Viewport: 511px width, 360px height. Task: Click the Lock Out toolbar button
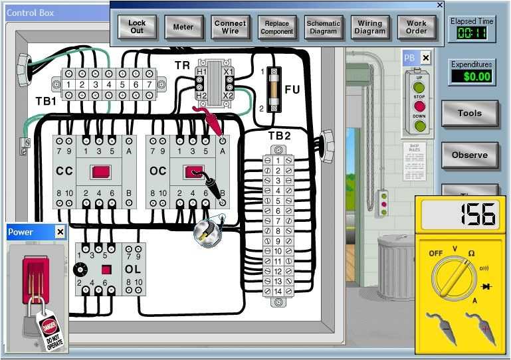(x=137, y=27)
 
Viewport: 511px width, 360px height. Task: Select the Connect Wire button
(x=230, y=27)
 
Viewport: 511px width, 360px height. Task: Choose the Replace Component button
(x=276, y=27)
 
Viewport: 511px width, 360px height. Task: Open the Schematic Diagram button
(x=323, y=27)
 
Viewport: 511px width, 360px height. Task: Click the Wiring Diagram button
(x=369, y=27)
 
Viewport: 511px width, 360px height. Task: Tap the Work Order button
(x=417, y=27)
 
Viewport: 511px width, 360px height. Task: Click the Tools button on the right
(x=469, y=114)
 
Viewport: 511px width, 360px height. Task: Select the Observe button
(x=469, y=155)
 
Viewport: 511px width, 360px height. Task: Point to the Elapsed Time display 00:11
(x=472, y=33)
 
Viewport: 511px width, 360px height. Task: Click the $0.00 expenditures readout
(x=472, y=76)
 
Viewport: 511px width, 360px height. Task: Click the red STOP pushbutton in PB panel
(x=419, y=106)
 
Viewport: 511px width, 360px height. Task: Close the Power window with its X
(x=60, y=232)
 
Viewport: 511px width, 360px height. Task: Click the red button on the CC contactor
(x=101, y=172)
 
